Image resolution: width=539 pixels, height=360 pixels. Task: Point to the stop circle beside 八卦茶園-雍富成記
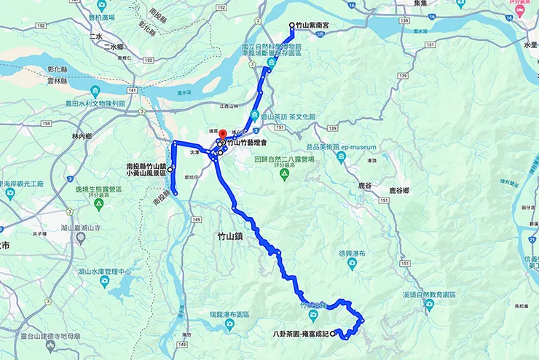[x=334, y=334]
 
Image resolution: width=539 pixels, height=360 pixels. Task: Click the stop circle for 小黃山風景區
[x=170, y=169]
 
